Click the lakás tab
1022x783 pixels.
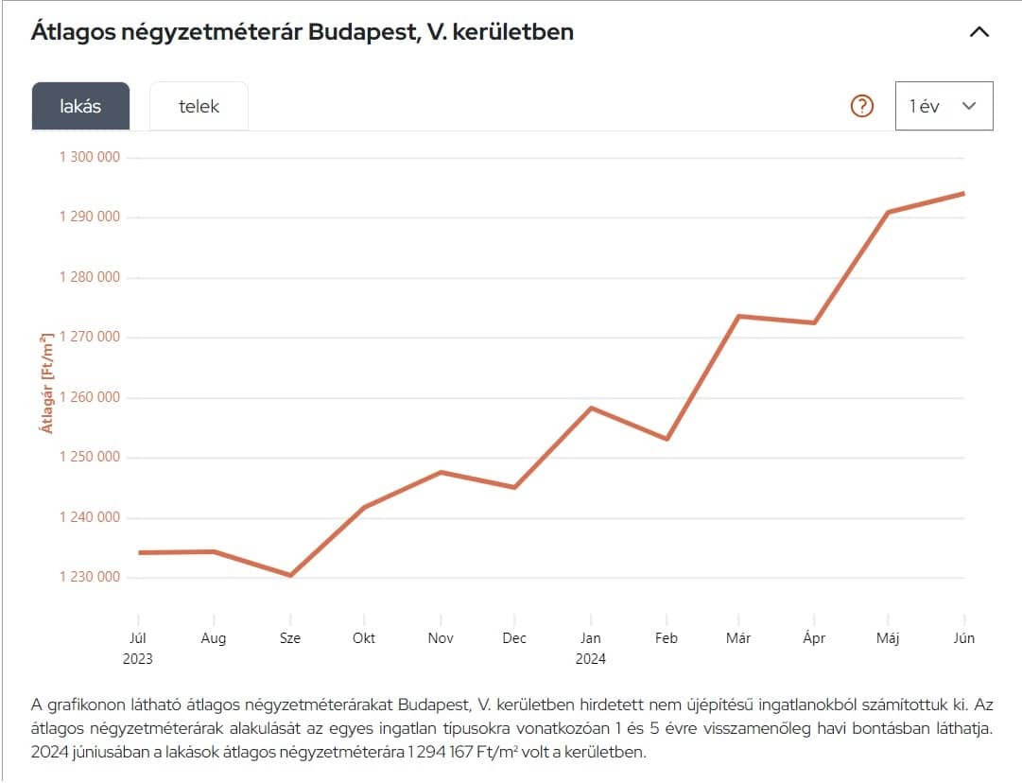tap(80, 106)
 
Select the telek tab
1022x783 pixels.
tap(199, 106)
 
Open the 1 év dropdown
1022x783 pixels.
tap(944, 106)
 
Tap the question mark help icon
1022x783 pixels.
tap(862, 106)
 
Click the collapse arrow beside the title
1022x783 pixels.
tap(979, 32)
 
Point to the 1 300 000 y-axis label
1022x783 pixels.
tap(90, 157)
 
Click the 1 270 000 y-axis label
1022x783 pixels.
tap(90, 337)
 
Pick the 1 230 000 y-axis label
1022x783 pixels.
tap(90, 577)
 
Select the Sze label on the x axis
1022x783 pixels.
tap(290, 638)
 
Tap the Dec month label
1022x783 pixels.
tap(514, 638)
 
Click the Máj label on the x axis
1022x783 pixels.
tap(887, 638)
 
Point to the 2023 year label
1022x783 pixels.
tap(138, 659)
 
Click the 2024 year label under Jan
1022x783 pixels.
tap(591, 659)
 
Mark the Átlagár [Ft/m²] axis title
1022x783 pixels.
tap(45, 383)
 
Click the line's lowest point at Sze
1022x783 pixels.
tap(290, 575)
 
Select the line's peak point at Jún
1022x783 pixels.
tap(963, 193)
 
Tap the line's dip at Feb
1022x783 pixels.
tap(667, 439)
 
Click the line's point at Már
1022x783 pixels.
tap(738, 316)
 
